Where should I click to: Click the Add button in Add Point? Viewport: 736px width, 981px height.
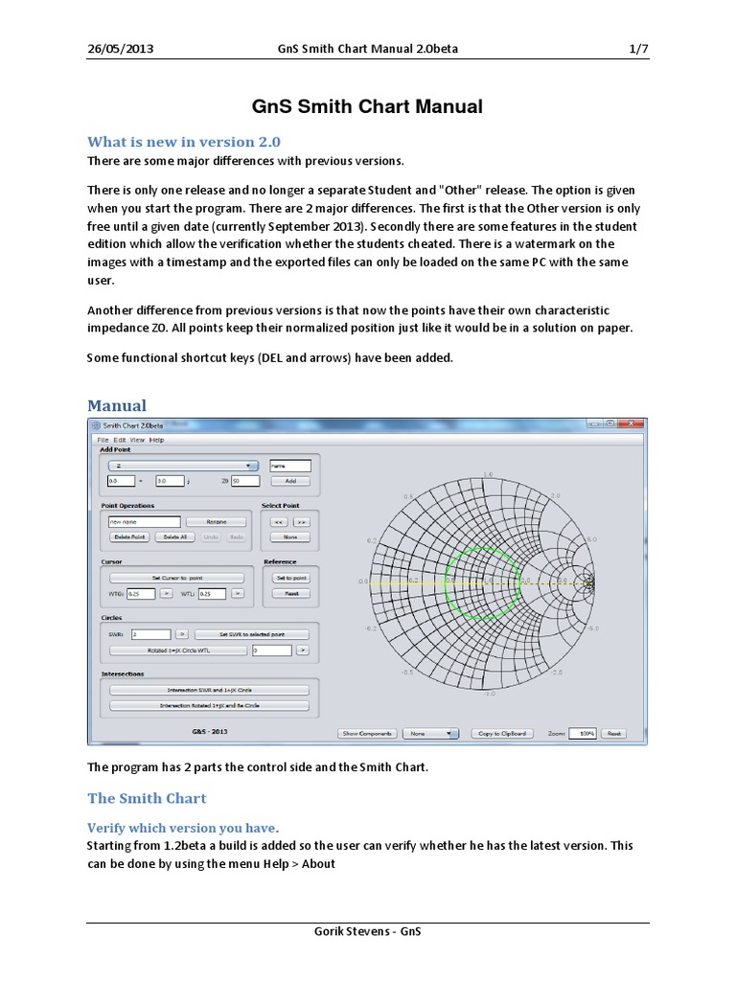pyautogui.click(x=290, y=481)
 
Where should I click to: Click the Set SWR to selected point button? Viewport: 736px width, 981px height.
pyautogui.click(x=252, y=634)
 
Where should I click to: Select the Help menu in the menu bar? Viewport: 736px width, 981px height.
pyautogui.click(x=156, y=440)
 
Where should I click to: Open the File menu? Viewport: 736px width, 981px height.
pyautogui.click(x=103, y=440)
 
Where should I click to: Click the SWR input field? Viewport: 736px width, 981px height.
pyautogui.click(x=150, y=634)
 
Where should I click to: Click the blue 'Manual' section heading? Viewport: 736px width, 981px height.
pyautogui.click(x=117, y=405)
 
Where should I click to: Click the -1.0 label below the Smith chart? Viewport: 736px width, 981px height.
pyautogui.click(x=488, y=694)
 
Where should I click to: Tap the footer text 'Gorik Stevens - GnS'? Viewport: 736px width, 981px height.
pyautogui.click(x=368, y=932)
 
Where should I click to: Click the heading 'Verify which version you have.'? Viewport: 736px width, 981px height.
pyautogui.click(x=183, y=827)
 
